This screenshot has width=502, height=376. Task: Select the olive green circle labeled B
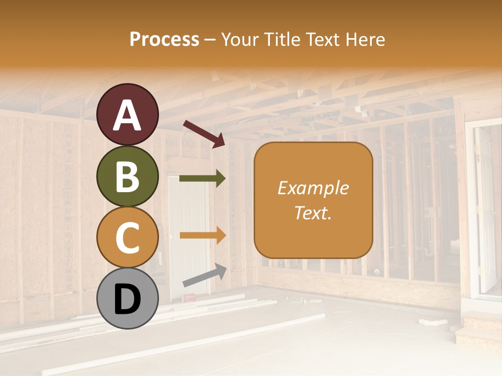[x=128, y=176]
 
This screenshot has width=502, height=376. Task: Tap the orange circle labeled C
[x=128, y=238]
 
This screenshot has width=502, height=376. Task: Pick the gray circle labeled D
[x=128, y=299]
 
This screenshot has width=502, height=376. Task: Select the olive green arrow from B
[x=202, y=179]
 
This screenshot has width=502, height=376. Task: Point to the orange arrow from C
[x=202, y=236]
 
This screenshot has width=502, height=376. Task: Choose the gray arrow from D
[x=204, y=276]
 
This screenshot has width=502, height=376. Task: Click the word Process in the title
[x=164, y=39]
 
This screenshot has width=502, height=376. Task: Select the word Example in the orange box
[x=313, y=188]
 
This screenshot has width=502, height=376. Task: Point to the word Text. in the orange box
[x=313, y=213]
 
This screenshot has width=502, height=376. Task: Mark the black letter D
[x=128, y=299]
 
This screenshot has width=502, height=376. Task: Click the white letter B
[x=128, y=177]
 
